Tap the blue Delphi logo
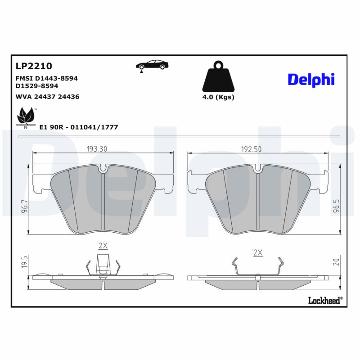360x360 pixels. click(311, 79)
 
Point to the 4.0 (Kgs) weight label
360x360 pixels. click(218, 97)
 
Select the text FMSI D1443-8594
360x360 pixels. click(47, 78)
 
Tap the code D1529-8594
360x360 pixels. click(37, 85)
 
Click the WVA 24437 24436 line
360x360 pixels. click(47, 96)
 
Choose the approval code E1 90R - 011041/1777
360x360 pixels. click(79, 127)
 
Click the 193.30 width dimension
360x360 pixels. click(97, 149)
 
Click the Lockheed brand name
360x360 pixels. click(325, 300)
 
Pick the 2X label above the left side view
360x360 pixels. click(103, 246)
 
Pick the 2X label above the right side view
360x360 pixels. click(258, 253)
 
